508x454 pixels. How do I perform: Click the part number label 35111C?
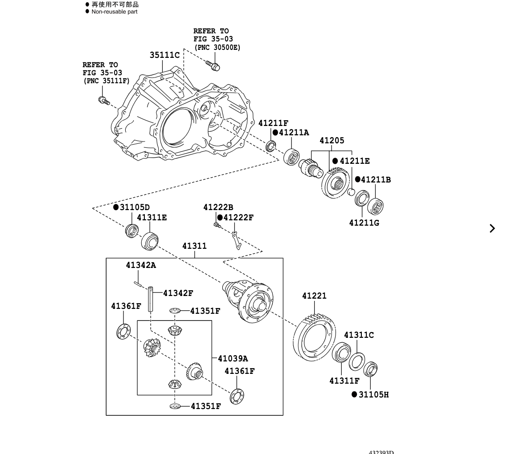[x=164, y=55]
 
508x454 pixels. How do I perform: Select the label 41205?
[x=332, y=141]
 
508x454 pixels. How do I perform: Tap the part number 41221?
[x=314, y=296]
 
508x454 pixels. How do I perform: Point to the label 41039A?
[x=233, y=359]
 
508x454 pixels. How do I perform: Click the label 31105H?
[x=373, y=395]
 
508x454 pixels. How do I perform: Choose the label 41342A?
[x=141, y=265]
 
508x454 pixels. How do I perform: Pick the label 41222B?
[x=218, y=207]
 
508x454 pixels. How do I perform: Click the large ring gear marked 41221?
[x=315, y=336]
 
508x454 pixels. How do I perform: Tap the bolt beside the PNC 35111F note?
[x=104, y=101]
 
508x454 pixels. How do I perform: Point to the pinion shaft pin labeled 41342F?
[x=151, y=300]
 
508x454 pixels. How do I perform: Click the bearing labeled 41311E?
[x=150, y=241]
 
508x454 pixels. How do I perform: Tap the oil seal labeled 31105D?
[x=131, y=231]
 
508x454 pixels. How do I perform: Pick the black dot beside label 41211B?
[x=357, y=180]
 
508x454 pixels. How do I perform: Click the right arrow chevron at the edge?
[x=492, y=228]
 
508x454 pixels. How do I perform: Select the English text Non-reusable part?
[x=115, y=12]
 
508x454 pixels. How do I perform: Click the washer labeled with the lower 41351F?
[x=175, y=406]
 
